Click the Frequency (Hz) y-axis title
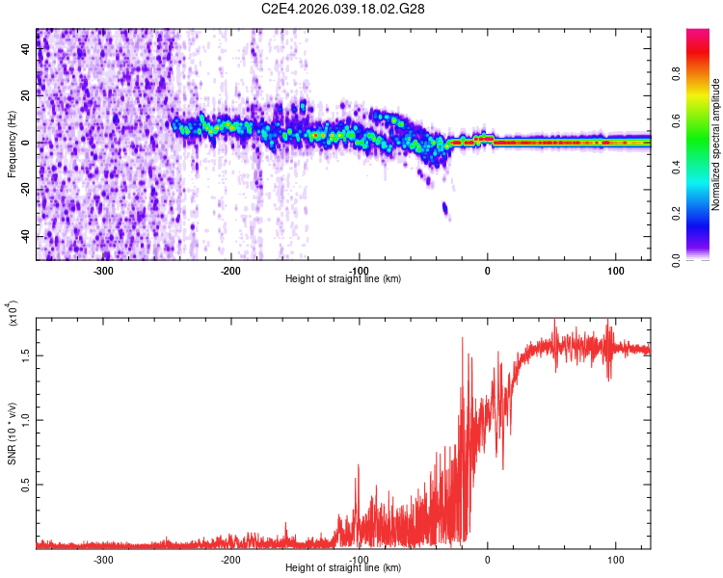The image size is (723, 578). tap(12, 144)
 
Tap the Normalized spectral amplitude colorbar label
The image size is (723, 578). tap(716, 144)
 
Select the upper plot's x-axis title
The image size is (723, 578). tap(343, 278)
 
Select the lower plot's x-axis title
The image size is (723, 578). tap(343, 567)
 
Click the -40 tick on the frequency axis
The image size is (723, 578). tap(24, 236)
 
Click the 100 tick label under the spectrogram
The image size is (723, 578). tap(615, 270)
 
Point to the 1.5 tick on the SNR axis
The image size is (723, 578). tap(26, 355)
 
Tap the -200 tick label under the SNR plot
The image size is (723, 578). tap(230, 559)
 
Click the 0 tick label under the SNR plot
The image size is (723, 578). tap(488, 559)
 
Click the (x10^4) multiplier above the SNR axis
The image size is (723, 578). tap(13, 312)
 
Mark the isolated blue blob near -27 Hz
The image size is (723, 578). tap(445, 207)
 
